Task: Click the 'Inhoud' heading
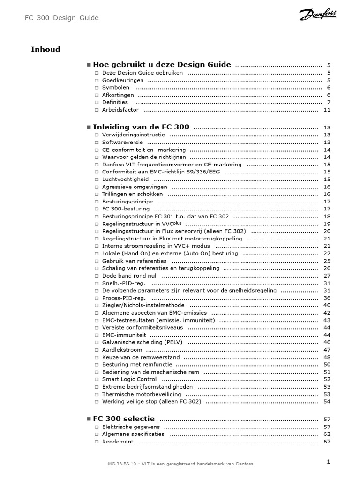pos(45,49)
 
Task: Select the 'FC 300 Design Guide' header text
pos(61,18)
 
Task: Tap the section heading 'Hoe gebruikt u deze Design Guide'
pos(162,65)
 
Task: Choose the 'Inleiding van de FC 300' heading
pos(141,127)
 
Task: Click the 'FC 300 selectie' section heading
pos(124,419)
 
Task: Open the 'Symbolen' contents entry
pos(116,88)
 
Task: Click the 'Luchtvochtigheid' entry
pos(125,179)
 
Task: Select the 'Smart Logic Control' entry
pos(129,379)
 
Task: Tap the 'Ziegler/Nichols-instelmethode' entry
pos(143,305)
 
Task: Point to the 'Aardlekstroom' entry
pos(122,350)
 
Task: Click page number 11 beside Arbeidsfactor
pos(327,110)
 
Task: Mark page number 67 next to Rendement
pos(327,442)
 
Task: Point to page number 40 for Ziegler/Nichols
pos(327,305)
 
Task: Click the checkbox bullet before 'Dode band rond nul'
pos(97,276)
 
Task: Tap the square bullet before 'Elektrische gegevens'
pos(97,427)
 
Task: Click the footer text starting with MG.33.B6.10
pos(180,464)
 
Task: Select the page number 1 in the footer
pos(329,462)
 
